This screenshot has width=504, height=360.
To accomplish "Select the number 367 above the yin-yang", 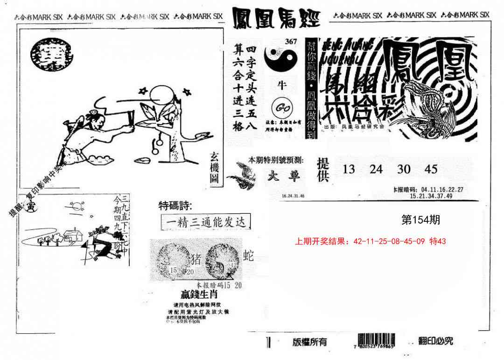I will tap(291, 41).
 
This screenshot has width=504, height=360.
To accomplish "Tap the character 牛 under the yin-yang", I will tap(281, 85).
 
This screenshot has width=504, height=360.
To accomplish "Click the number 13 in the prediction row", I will tap(349, 169).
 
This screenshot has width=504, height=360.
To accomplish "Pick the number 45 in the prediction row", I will tap(431, 169).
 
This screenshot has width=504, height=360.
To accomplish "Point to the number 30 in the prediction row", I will tap(404, 169).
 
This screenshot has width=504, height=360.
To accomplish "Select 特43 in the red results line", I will tap(438, 241).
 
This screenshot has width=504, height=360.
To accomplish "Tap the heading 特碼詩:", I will tap(175, 205).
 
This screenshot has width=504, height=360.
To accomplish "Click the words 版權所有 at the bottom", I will tap(310, 342).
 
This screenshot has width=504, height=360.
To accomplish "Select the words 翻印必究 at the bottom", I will tap(435, 340).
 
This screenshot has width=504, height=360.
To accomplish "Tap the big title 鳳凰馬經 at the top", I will tap(276, 18).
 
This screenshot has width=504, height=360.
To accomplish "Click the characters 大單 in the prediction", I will tap(285, 176).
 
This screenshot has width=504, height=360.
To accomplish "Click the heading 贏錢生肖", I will tap(199, 295).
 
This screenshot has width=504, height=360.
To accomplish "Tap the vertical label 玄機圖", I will tap(214, 171).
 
